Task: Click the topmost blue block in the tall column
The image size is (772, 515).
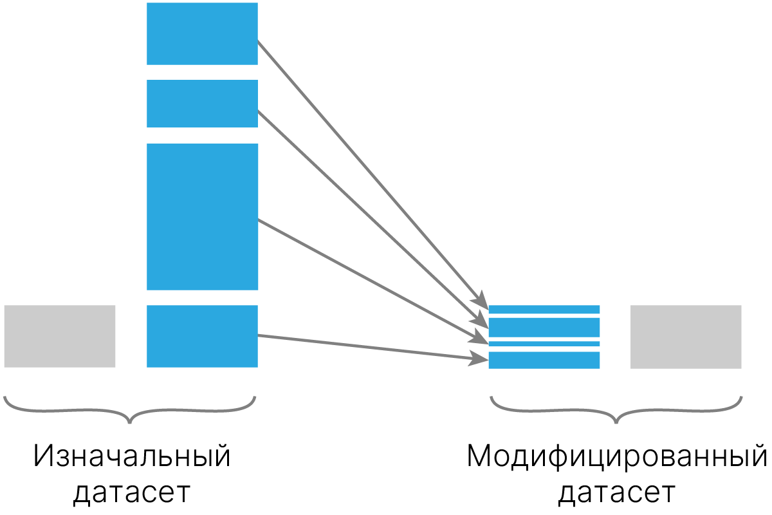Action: click(x=202, y=33)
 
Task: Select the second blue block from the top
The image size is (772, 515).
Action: click(x=202, y=104)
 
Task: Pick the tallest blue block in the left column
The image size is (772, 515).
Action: click(x=202, y=216)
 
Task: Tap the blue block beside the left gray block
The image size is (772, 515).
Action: click(x=202, y=336)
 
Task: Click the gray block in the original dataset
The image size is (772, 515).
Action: click(x=60, y=336)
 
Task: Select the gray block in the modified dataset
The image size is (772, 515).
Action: click(x=686, y=337)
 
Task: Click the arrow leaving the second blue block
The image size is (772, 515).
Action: click(x=370, y=216)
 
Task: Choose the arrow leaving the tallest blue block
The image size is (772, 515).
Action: click(x=370, y=278)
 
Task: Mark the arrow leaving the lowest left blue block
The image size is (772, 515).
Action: click(x=370, y=348)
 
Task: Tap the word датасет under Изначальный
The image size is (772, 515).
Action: click(x=132, y=493)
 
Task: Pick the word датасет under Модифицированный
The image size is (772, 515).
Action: click(x=616, y=493)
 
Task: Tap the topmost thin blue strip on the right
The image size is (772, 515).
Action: click(x=544, y=309)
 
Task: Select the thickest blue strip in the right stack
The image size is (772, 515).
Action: click(x=544, y=327)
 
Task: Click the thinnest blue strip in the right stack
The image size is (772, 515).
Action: click(x=544, y=344)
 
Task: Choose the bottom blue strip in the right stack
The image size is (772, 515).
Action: click(x=544, y=360)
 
